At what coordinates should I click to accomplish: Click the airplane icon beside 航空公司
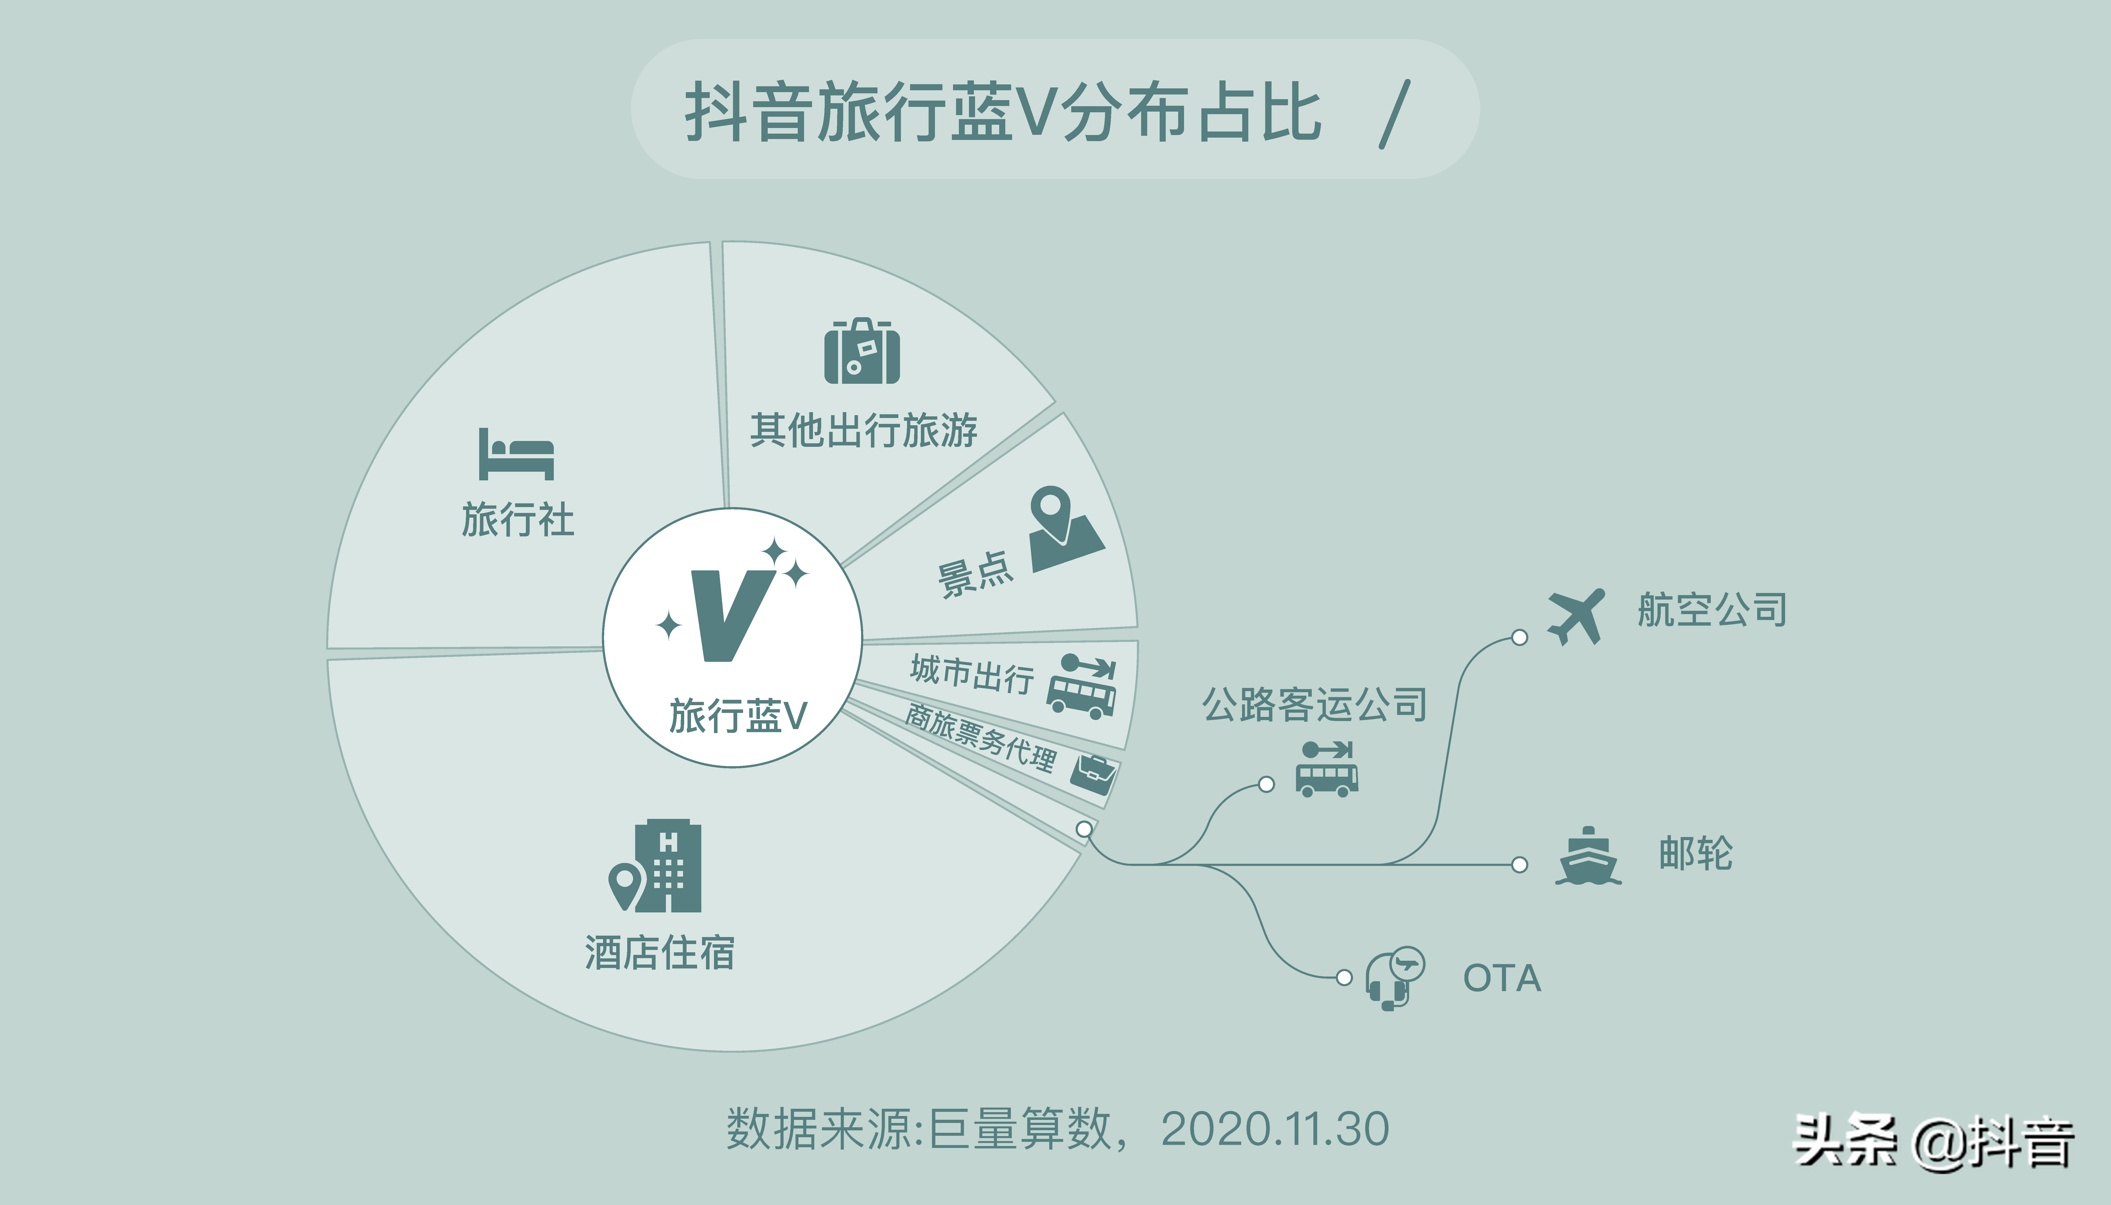1575,617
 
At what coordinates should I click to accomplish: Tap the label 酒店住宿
660,953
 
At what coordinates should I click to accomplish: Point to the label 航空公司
1711,610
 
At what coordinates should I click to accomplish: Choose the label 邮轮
1695,853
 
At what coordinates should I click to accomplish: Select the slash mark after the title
1394,114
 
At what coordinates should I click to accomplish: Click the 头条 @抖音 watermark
1933,1142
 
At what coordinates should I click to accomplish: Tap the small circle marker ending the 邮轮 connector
1519,865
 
